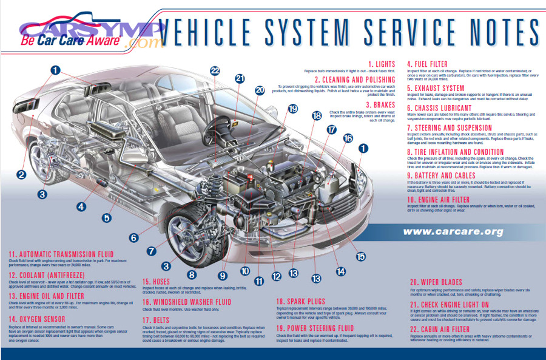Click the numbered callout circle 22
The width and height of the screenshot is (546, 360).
[x=215, y=70]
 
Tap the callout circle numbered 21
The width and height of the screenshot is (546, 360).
[x=240, y=78]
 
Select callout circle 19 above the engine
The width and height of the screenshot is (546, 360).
[x=293, y=109]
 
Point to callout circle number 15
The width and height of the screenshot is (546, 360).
[x=361, y=256]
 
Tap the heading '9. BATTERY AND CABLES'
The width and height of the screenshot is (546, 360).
[x=447, y=176]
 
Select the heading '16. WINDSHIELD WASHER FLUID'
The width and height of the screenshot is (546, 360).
[x=187, y=302]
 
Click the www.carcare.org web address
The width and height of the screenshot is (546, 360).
[x=453, y=232]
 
